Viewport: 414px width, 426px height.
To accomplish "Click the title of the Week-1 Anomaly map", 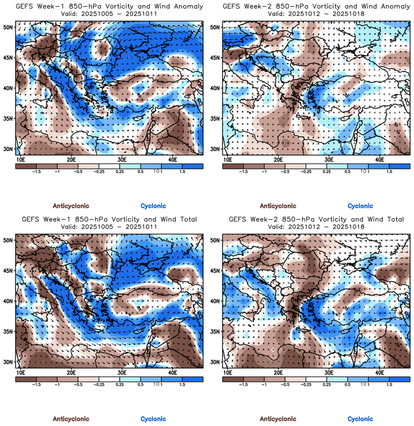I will (x=109, y=6).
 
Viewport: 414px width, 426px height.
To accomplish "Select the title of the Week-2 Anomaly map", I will (x=316, y=6).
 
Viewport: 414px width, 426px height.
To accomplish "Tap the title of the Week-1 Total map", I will (x=109, y=219).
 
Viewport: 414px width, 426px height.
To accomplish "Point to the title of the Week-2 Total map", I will (x=316, y=219).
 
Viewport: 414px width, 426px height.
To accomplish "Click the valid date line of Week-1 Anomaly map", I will (x=109, y=14).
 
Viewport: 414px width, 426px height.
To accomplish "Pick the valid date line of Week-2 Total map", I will (x=316, y=227).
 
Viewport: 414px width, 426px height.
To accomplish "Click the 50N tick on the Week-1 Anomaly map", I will (x=9, y=27).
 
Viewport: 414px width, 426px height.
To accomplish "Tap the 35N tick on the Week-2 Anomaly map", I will (x=216, y=118).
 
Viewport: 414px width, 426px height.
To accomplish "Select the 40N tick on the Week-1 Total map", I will (x=9, y=301).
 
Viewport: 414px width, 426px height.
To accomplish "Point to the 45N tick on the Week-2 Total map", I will (x=216, y=270).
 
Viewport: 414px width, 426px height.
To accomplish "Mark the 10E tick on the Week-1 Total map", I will (x=21, y=372).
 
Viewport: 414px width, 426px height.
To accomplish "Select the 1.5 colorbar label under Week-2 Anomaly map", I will (x=389, y=171).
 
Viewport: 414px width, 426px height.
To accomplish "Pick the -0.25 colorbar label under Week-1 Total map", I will (x=99, y=384).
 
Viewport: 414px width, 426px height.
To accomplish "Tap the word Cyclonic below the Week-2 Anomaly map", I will (x=360, y=206).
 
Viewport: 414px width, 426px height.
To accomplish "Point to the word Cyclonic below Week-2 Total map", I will (x=360, y=419).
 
